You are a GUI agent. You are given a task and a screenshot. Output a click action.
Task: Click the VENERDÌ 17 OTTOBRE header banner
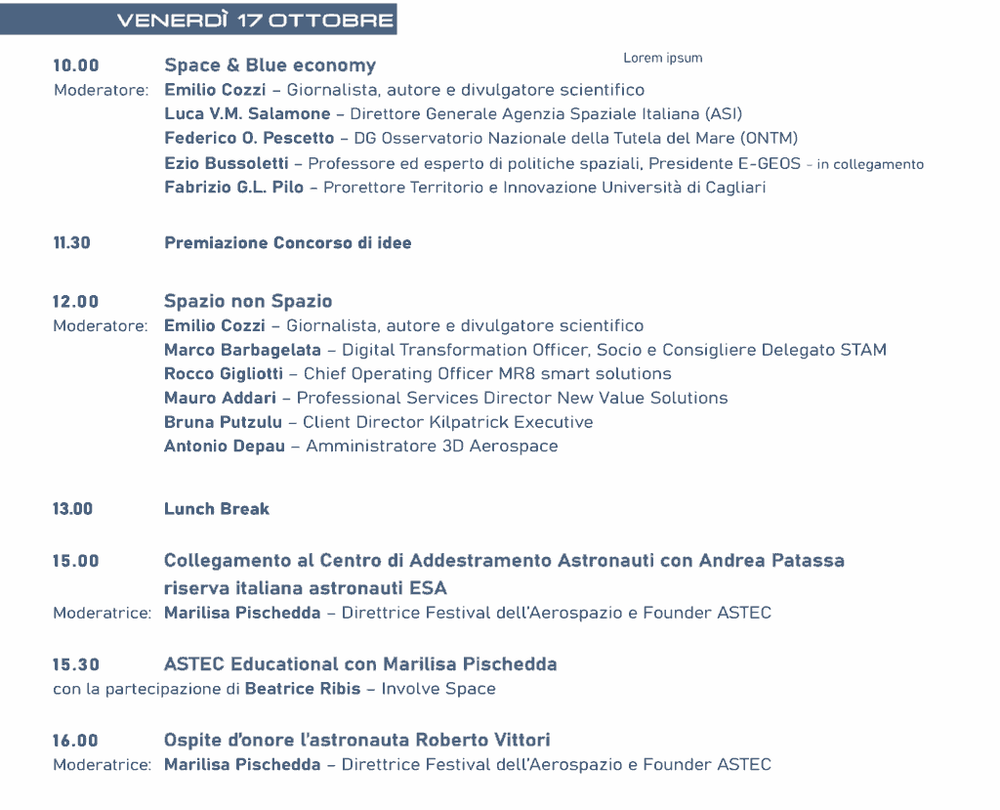254,21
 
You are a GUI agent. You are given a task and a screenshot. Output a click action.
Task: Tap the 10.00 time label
76,66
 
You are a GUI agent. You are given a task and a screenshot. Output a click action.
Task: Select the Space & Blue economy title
270,65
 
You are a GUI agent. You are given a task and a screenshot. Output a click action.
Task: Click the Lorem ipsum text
662,58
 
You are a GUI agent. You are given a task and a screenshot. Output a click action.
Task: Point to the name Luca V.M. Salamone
247,113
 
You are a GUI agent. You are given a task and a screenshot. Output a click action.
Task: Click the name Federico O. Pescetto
249,138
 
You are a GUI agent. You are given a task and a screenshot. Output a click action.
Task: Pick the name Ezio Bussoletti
225,163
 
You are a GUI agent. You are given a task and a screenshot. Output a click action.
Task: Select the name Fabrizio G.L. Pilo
233,188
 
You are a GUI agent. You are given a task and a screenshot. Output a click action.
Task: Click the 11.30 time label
72,243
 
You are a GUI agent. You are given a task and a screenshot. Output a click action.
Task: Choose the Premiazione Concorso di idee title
287,243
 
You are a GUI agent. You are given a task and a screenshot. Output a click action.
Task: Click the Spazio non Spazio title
248,301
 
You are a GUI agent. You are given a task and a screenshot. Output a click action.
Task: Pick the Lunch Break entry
217,509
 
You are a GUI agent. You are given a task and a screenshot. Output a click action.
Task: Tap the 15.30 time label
76,664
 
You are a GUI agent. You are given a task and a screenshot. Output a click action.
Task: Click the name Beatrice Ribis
302,689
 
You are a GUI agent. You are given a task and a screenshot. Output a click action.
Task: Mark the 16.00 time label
76,741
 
